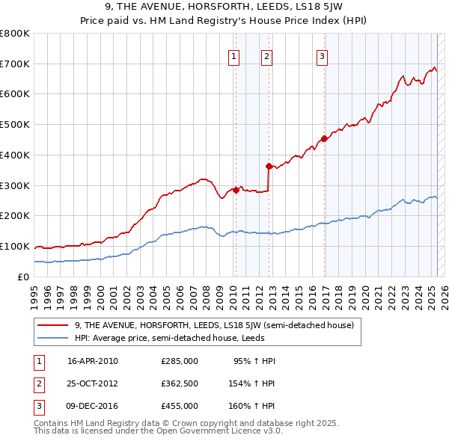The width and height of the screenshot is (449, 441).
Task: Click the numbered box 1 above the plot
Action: click(234, 55)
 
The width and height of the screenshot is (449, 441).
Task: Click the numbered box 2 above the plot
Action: click(266, 55)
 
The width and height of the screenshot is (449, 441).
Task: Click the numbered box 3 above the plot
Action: click(322, 55)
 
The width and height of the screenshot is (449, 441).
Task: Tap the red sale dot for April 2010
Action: click(236, 189)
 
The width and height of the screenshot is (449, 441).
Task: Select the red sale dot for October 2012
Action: click(269, 166)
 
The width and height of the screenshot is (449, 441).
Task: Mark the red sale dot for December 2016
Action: click(324, 138)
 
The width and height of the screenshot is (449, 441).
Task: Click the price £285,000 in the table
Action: click(180, 361)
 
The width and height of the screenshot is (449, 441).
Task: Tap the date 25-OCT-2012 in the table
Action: click(93, 383)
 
